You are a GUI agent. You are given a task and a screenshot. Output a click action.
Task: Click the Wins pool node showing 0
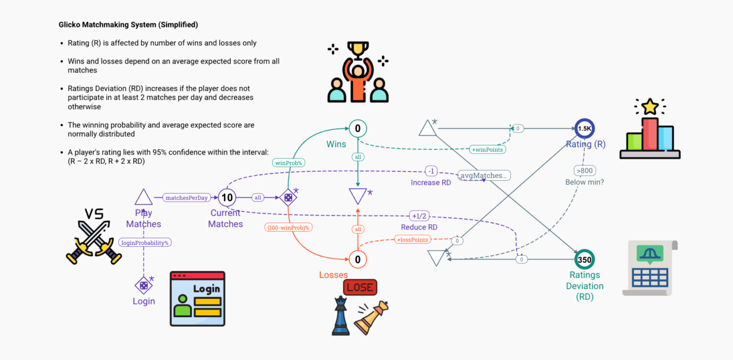(x=358, y=129)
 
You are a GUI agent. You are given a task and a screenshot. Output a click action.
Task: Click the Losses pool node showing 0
(x=358, y=260)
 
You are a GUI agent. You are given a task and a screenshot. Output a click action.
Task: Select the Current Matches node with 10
(x=227, y=198)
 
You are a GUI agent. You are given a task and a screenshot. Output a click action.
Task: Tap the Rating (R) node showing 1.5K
(x=585, y=129)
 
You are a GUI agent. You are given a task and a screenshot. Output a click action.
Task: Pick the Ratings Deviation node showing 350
(x=585, y=259)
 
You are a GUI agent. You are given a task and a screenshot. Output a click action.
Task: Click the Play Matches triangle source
(x=143, y=197)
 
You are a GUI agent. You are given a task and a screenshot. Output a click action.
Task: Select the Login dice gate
(x=143, y=284)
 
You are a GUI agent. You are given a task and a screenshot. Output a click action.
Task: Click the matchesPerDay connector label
(x=186, y=198)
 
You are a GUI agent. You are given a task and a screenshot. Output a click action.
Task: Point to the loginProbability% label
(x=145, y=242)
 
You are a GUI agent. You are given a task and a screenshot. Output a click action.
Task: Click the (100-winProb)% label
(x=288, y=227)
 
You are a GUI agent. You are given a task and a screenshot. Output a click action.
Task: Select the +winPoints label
(x=488, y=149)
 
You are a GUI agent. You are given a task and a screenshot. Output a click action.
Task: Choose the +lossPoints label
(x=412, y=240)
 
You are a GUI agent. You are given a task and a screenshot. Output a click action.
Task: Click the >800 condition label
(x=585, y=170)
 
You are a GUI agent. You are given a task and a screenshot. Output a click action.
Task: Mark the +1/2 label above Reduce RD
(x=420, y=216)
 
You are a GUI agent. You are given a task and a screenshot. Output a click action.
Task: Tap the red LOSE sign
(x=360, y=287)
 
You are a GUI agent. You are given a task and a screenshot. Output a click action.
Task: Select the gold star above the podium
(x=650, y=106)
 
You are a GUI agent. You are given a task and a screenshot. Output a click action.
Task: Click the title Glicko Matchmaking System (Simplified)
(x=128, y=25)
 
